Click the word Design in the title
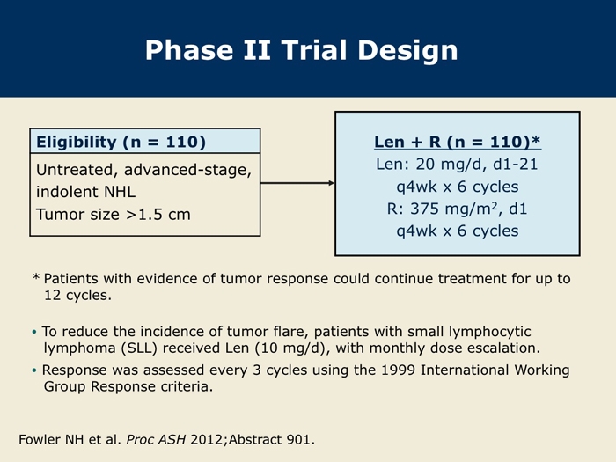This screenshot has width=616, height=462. (407, 51)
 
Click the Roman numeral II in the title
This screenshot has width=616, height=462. (257, 50)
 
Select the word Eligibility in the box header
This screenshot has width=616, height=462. (77, 143)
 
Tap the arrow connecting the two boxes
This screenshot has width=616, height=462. (297, 183)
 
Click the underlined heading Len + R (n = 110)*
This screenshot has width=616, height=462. (458, 142)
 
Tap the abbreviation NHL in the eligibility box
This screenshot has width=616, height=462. (120, 192)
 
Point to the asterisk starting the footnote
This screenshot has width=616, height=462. (36, 278)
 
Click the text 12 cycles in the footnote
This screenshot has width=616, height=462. (77, 295)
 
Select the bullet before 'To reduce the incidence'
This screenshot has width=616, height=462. (34, 332)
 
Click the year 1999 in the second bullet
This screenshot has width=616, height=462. (399, 370)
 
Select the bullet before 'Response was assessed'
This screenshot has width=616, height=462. (34, 370)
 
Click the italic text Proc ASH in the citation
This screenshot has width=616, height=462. (156, 440)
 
